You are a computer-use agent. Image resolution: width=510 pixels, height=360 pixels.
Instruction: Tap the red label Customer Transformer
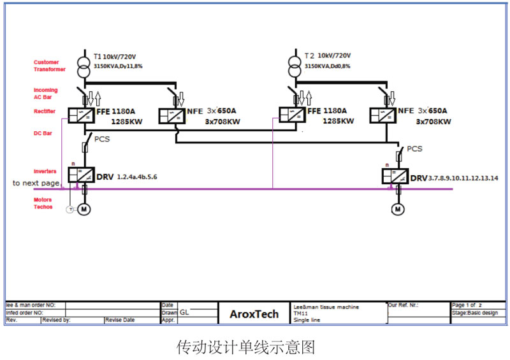(46, 66)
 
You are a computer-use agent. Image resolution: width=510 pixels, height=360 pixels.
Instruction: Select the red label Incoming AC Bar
(45, 94)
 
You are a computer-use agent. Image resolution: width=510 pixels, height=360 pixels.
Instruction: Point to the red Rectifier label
(45, 112)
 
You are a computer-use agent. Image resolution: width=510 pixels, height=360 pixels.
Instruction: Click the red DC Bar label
(42, 134)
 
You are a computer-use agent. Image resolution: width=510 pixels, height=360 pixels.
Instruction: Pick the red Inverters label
(45, 171)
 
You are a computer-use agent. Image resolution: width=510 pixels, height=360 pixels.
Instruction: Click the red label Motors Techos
(43, 203)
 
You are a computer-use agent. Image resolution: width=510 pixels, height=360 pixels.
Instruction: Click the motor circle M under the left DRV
(84, 209)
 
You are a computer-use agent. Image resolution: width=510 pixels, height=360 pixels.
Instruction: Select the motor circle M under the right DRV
(398, 209)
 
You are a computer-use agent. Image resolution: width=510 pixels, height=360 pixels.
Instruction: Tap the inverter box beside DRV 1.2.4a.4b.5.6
(81, 175)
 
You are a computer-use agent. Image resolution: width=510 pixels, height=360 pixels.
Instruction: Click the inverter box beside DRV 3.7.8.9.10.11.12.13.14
(395, 175)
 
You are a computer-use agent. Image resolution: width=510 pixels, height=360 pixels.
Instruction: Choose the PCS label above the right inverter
(414, 149)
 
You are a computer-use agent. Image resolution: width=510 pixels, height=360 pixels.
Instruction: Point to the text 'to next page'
(36, 184)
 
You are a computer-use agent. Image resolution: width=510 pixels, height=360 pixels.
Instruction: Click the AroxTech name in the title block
(254, 314)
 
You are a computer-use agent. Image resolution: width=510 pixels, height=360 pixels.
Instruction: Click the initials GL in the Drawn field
(184, 313)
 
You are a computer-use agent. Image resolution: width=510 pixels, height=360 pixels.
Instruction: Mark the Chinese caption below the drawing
(245, 347)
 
